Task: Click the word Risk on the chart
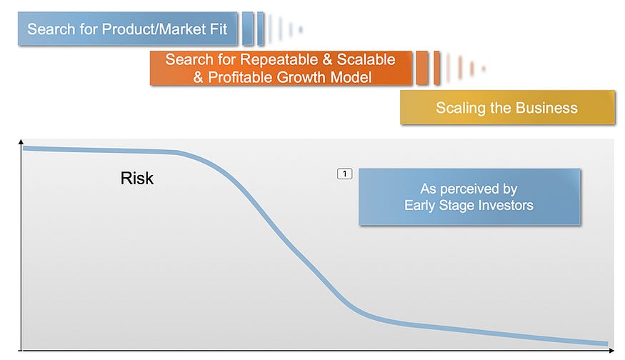coord(136,178)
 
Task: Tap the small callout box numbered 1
coord(345,174)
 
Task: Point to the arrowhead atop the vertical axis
coord(21,141)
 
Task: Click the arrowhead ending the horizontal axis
coord(611,351)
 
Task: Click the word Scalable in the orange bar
coord(366,59)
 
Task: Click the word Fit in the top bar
coord(219,29)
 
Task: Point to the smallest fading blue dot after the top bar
coord(301,29)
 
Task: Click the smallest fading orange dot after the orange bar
coord(484,69)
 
